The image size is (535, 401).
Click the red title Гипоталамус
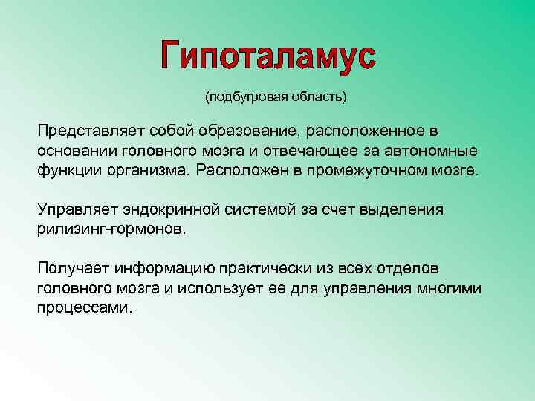click(x=268, y=56)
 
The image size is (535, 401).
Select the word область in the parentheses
click(x=317, y=97)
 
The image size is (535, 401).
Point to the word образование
click(x=243, y=131)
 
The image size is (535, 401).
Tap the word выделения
click(x=401, y=209)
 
